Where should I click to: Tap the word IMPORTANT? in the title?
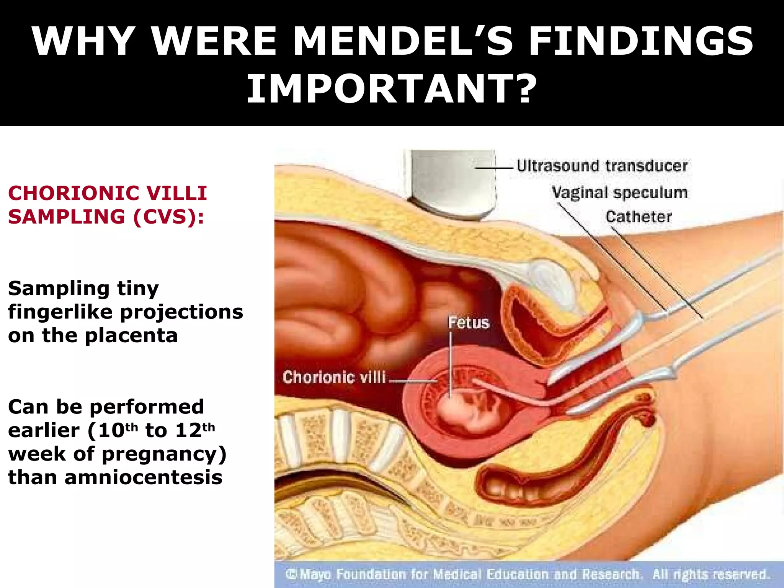coord(392,89)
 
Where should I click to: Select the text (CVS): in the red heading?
coord(168,217)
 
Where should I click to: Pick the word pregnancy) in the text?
coord(164,454)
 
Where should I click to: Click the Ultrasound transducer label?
coord(602,166)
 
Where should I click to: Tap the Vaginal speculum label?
coord(619,193)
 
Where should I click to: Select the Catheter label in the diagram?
coord(638,217)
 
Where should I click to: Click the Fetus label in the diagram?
coord(469,323)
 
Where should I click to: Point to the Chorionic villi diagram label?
coord(334,377)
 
